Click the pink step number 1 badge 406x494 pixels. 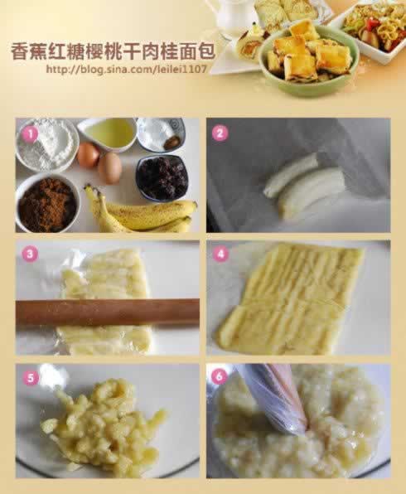(x=29, y=132)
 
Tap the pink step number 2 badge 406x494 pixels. (x=220, y=132)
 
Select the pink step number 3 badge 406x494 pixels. (x=29, y=254)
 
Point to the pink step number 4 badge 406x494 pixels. (x=220, y=254)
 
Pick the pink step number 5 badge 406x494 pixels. (x=31, y=378)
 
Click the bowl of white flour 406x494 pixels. (x=46, y=143)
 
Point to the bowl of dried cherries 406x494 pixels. (x=162, y=177)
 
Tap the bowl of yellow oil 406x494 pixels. (x=108, y=133)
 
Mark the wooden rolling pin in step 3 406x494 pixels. (x=107, y=312)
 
